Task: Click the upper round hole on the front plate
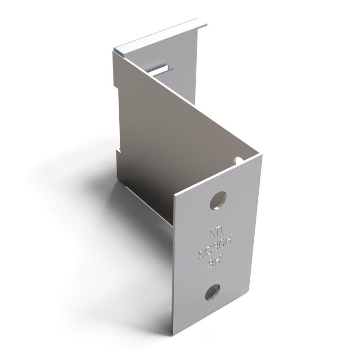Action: [x=218, y=200]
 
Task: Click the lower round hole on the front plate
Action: [x=212, y=292]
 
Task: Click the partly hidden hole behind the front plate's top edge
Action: [x=238, y=160]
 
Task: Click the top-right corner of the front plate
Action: [x=262, y=155]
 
